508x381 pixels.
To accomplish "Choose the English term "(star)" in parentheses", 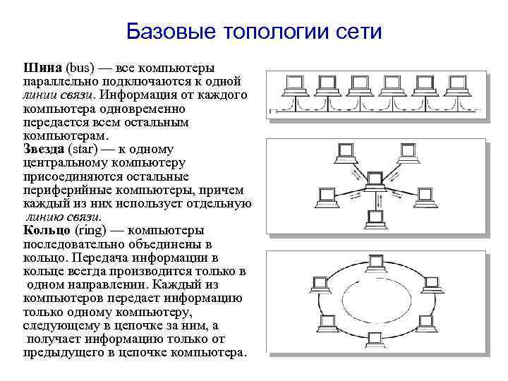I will coord(87,150).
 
